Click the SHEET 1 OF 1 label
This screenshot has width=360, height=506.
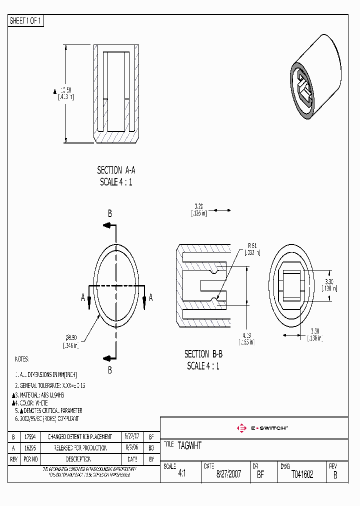click(26, 21)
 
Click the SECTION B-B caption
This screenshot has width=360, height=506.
click(203, 354)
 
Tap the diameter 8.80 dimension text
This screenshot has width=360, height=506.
click(71, 338)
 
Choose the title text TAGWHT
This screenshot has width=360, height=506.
click(189, 445)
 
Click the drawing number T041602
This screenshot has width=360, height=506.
click(302, 474)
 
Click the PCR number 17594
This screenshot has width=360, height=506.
click(30, 436)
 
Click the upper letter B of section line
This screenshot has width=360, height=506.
click(110, 213)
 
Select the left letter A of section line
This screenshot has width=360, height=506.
click(83, 298)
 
